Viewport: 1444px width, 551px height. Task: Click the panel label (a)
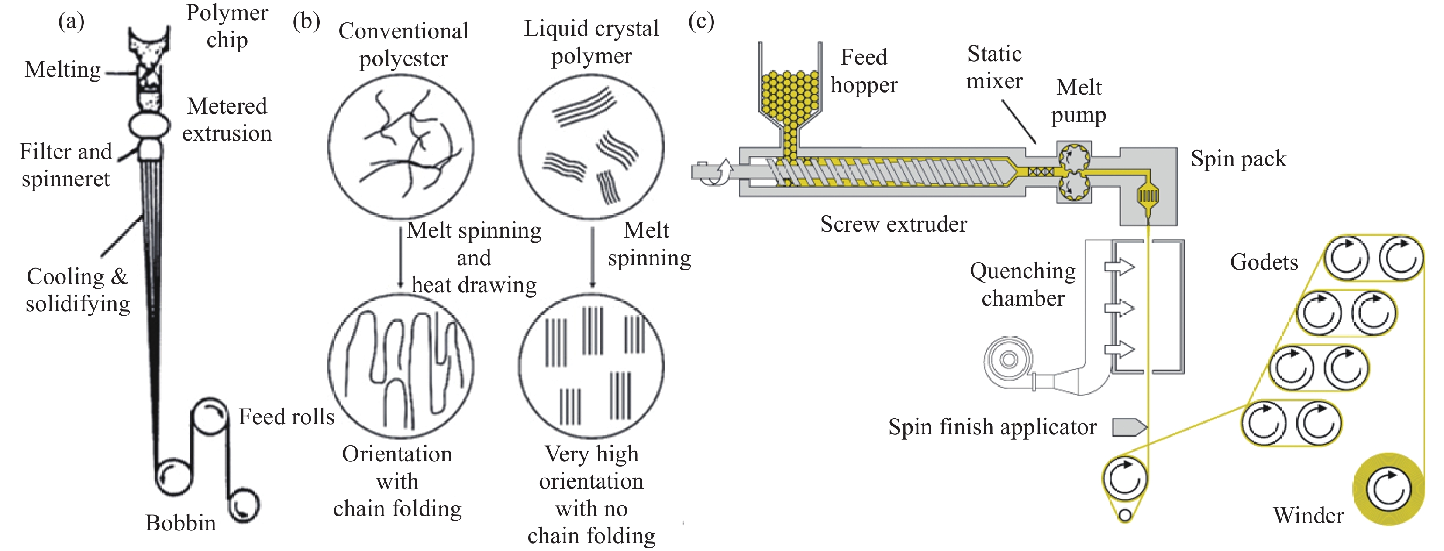click(x=71, y=22)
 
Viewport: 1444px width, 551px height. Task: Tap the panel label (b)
click(x=306, y=22)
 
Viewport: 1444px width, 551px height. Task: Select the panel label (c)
click(x=701, y=22)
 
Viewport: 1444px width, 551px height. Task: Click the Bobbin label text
click(x=180, y=523)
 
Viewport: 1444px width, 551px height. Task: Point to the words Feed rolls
click(x=286, y=417)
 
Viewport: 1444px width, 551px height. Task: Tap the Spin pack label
click(x=1238, y=159)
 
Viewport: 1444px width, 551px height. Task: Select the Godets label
click(x=1264, y=262)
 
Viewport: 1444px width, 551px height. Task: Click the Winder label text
click(x=1308, y=515)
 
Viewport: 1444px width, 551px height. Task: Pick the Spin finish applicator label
click(x=992, y=427)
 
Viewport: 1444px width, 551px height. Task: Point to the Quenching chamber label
click(x=1023, y=284)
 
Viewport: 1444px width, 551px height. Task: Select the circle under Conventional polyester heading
click(x=401, y=147)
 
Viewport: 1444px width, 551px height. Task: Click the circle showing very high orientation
click(x=591, y=366)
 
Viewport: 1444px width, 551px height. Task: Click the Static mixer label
click(x=994, y=67)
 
